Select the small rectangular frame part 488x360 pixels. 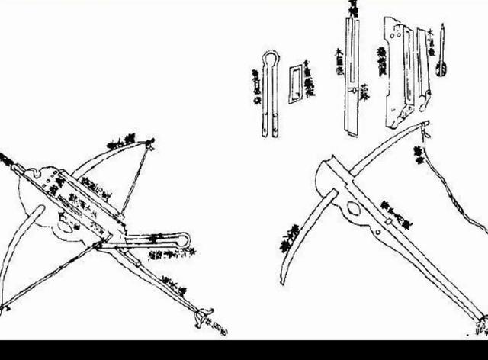tap(295, 84)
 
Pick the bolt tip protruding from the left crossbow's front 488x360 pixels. tap(6, 159)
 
